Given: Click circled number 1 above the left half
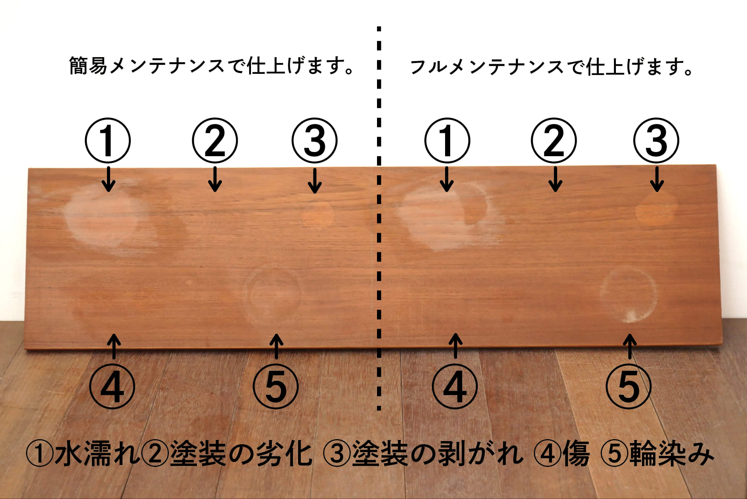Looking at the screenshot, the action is (108, 140).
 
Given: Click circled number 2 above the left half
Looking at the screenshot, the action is (215, 140).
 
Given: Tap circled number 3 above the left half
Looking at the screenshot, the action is (315, 140).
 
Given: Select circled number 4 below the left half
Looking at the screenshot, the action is (112, 387).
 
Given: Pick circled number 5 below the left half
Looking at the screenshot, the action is (276, 387).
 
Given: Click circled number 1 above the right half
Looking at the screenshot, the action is (447, 140).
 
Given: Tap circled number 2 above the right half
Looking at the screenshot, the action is (554, 140).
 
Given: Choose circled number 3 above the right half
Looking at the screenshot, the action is (656, 140).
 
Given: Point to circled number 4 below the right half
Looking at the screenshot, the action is (455, 387).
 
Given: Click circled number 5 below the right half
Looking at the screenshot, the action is (629, 387).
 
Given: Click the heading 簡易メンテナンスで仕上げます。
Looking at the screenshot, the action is (212, 66).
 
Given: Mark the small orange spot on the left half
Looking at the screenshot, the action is (318, 215).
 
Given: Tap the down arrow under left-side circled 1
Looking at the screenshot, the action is (109, 179).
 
